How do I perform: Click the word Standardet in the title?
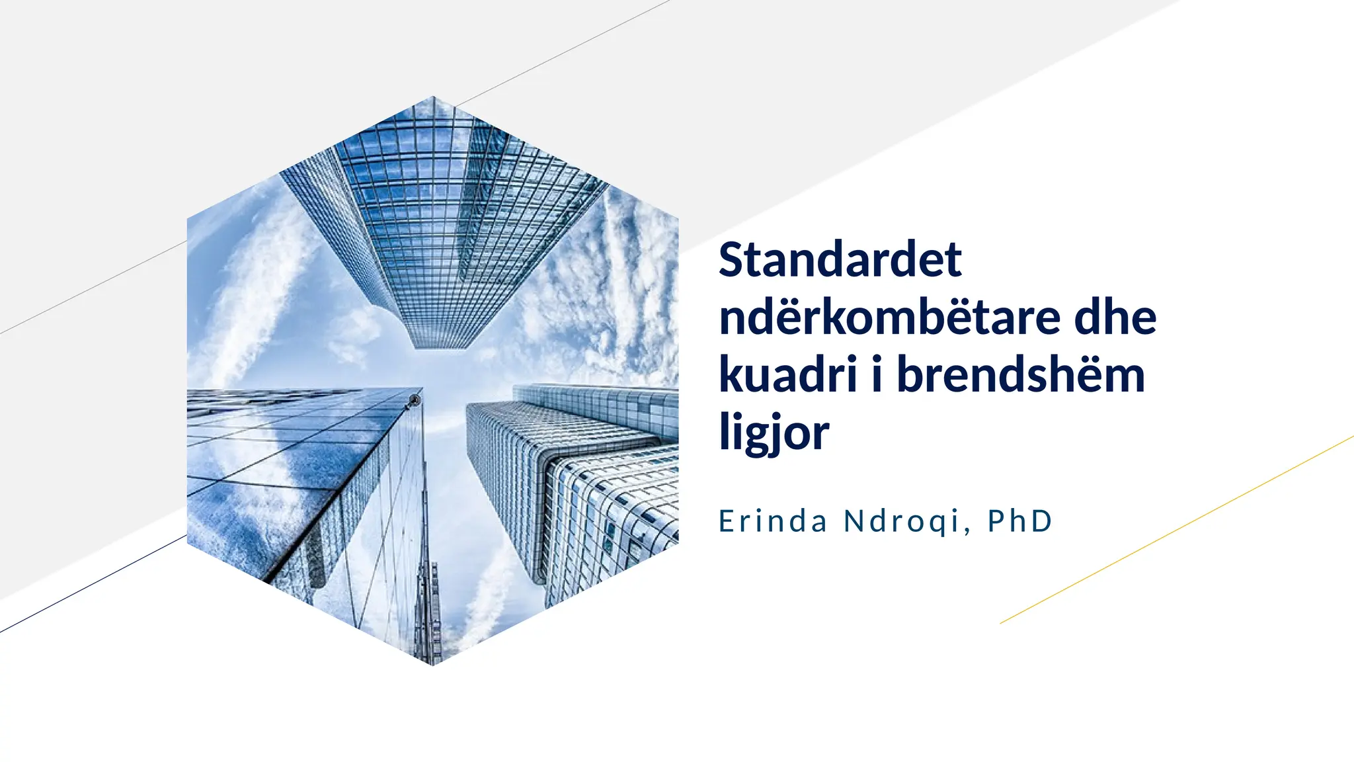click(840, 259)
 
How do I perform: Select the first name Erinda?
click(773, 521)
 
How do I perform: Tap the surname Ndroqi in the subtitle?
click(902, 521)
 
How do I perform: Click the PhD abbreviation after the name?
click(1019, 521)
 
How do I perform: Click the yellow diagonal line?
click(1177, 530)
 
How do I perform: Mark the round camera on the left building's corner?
click(415, 400)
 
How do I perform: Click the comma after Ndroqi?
click(968, 530)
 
